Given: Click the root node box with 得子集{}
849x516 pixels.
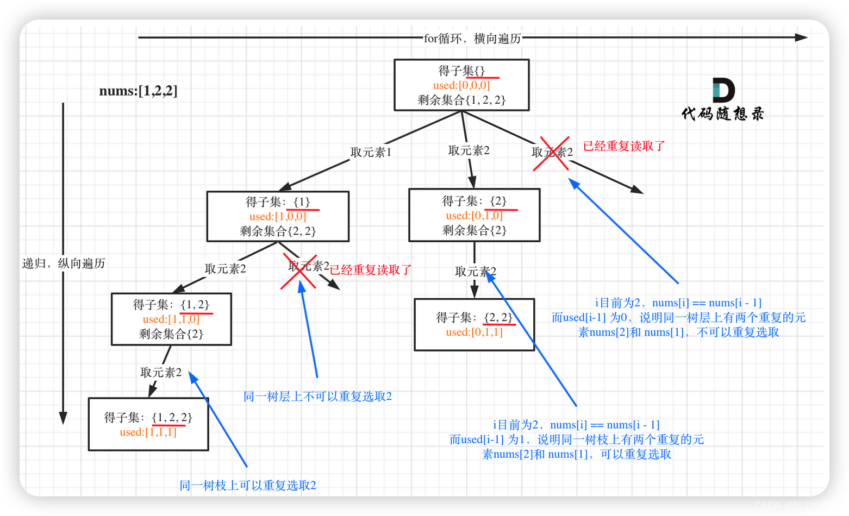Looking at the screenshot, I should pos(461,85).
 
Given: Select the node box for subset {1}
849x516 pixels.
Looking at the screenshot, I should pos(278,216).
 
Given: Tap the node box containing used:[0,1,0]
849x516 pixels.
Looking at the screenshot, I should pos(474,215).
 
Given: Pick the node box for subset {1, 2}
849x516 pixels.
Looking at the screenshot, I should pos(171,319).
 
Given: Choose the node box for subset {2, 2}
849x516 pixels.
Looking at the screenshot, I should pos(474,325).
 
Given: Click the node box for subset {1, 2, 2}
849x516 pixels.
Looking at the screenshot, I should pos(148,425).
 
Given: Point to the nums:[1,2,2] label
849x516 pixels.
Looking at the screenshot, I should pos(138,91).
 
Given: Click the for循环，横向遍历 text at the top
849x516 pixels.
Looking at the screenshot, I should pos(472,39).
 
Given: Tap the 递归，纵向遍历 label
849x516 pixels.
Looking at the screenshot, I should pos(64,263).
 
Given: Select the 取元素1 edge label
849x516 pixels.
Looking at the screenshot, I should pos(371,153).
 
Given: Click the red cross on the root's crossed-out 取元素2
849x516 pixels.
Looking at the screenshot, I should pos(551,153).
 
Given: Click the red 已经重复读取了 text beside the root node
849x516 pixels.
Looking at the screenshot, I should pos(624,146).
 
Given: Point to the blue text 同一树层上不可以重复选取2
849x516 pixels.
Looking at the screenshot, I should pos(317,397).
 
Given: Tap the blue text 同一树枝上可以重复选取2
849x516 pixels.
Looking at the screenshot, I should pos(248,486).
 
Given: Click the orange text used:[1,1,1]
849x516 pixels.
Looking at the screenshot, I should pos(148,432).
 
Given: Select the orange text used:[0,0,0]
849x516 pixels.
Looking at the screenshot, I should pos(461,85).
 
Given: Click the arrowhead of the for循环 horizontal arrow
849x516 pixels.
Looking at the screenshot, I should pos(801,37).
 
